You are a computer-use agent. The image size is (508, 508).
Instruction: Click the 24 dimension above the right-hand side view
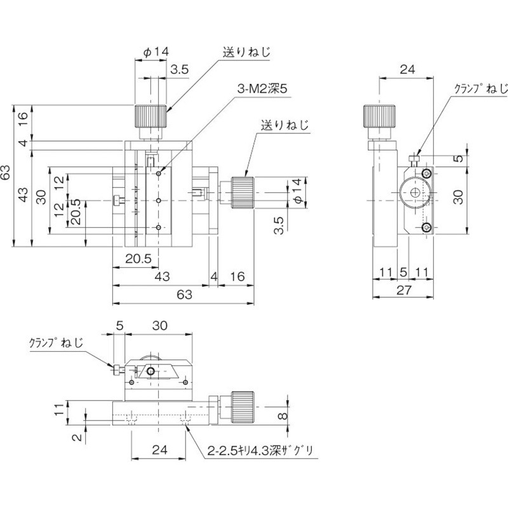(407, 70)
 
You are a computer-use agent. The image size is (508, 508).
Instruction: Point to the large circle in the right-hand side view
(415, 193)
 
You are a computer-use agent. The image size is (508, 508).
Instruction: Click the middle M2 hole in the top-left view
(159, 199)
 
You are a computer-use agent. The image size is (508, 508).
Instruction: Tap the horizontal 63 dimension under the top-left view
(184, 294)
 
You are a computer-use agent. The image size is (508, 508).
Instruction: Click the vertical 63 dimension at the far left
(6, 173)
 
